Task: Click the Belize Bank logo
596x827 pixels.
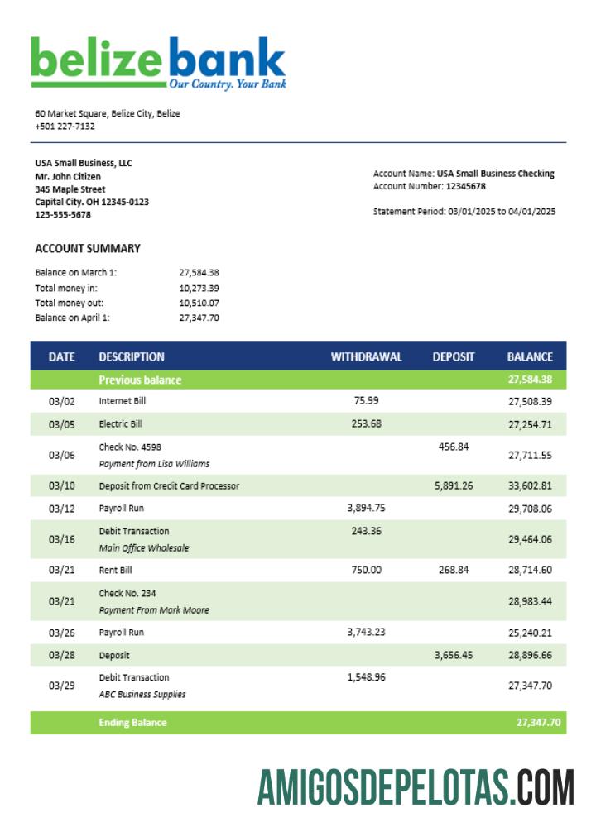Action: (x=158, y=63)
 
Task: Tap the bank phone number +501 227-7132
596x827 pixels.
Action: (x=65, y=127)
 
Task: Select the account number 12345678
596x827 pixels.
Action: (x=465, y=187)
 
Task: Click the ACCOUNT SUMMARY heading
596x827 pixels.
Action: (x=88, y=248)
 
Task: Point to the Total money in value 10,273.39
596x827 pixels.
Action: (x=199, y=288)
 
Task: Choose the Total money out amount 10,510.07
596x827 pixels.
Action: (x=199, y=303)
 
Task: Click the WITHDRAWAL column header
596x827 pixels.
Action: (x=366, y=357)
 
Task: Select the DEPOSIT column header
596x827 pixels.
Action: (x=454, y=357)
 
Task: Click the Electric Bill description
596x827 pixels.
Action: (x=121, y=424)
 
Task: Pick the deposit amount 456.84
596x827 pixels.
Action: (x=453, y=447)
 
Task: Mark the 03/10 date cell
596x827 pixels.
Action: (x=61, y=486)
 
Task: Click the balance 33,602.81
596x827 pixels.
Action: (x=530, y=486)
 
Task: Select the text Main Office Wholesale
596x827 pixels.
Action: (x=144, y=548)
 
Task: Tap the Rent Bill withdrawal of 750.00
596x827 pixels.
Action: (x=366, y=570)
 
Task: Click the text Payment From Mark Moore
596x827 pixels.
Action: (x=154, y=610)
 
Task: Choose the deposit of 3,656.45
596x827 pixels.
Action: (x=453, y=655)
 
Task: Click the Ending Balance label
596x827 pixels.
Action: (x=132, y=723)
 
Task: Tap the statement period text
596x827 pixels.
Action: (x=464, y=212)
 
